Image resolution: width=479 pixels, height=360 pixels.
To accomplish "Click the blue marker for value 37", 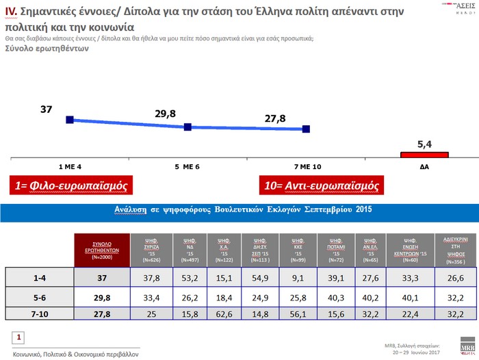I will click(70, 120).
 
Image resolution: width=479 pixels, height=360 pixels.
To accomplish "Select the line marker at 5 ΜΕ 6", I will click(188, 127).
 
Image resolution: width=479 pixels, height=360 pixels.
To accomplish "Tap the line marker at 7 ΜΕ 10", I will click(306, 129).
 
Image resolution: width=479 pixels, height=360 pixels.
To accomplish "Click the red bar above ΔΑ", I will click(425, 155).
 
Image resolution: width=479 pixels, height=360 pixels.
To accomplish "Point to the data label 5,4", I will click(425, 144).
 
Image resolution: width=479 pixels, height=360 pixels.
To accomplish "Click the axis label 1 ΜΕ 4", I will click(70, 167).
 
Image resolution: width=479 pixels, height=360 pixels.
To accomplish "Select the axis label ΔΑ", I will click(425, 167).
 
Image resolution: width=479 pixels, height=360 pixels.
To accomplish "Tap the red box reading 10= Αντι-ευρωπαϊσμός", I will click(322, 185).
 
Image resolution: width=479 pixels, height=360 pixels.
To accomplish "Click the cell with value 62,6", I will click(223, 313).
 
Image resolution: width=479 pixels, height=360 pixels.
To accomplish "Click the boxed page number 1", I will click(20, 337).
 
